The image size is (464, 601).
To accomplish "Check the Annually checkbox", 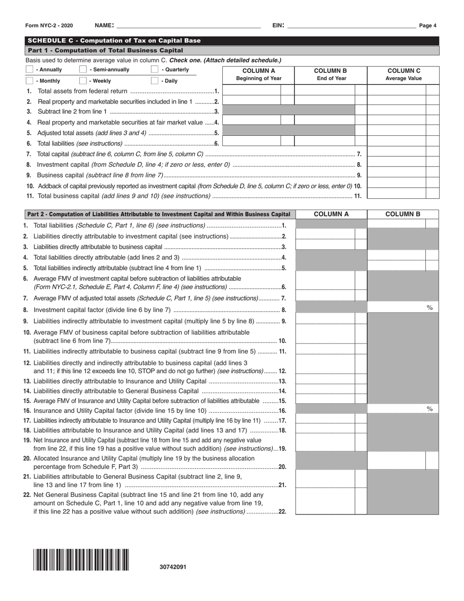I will [29, 70].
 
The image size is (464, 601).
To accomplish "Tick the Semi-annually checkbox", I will [83, 70].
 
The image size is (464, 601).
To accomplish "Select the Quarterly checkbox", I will [154, 70].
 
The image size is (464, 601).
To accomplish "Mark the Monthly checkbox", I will [29, 81].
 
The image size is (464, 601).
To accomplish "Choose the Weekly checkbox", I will [83, 81].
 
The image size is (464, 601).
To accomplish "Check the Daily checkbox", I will [154, 81].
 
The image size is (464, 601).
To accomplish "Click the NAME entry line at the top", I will [188, 25].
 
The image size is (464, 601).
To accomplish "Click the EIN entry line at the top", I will [351, 25].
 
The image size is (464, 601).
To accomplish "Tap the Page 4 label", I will [428, 26].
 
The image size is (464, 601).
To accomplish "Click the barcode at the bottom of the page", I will [81, 559].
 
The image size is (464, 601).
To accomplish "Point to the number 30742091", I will [172, 567].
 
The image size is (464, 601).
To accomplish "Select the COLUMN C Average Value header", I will [403, 74].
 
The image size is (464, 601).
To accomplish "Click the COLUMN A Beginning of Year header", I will [259, 74].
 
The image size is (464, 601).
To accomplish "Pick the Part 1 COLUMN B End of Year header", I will [331, 74].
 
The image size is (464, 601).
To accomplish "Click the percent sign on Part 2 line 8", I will [430, 307].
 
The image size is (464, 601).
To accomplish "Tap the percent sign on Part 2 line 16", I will [430, 409].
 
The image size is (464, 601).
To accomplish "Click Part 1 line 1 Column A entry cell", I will [252, 90].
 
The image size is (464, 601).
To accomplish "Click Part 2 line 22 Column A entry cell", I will [325, 502].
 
